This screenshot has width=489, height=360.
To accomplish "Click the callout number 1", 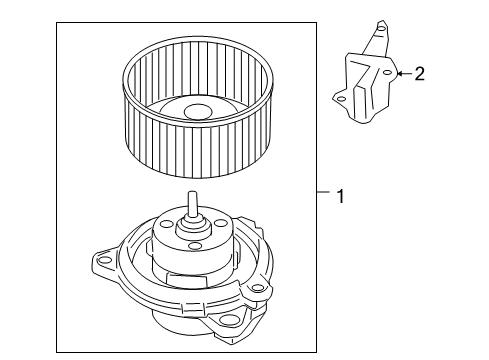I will click(x=340, y=197).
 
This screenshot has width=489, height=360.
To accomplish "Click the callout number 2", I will click(x=420, y=72).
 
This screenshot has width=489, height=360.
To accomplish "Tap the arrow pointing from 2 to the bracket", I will click(x=404, y=72).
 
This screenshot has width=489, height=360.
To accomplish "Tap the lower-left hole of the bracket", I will click(x=342, y=98).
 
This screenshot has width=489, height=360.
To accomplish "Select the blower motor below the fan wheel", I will click(x=185, y=285).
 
